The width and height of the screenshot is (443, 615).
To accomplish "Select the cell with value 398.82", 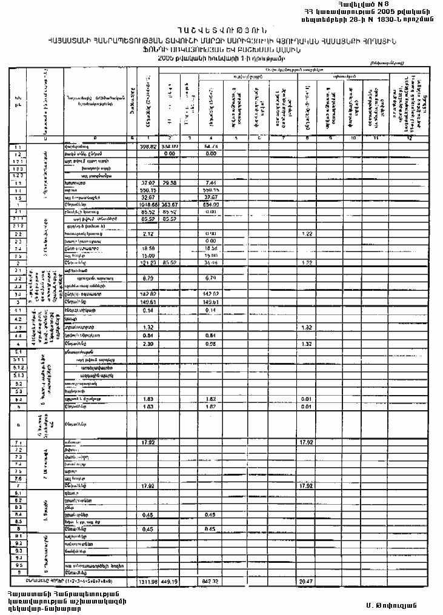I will tap(148, 147).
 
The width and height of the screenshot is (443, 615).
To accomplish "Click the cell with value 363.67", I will tap(170, 205).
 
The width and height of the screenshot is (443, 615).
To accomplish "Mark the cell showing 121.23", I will tap(148, 263).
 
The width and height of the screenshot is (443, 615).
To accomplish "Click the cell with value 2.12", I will tap(149, 233).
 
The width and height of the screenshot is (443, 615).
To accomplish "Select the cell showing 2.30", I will tap(149, 344).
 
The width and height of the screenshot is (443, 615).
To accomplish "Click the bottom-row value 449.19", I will tap(170, 581).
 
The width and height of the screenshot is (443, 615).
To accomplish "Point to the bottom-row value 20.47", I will tap(308, 581).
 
